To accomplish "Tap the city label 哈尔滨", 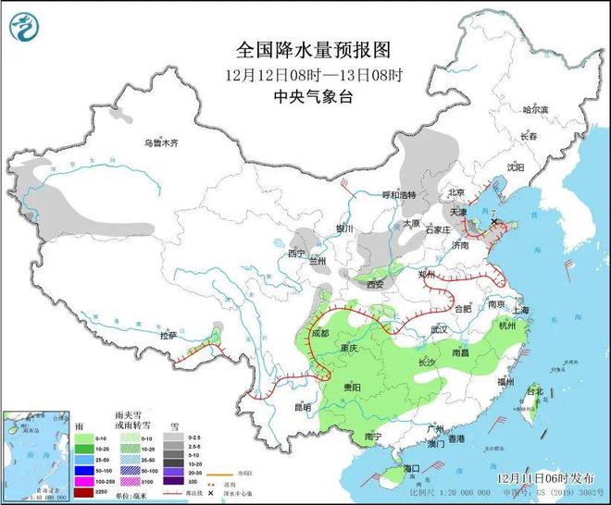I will [x=536, y=109].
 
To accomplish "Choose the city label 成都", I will [x=320, y=333].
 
